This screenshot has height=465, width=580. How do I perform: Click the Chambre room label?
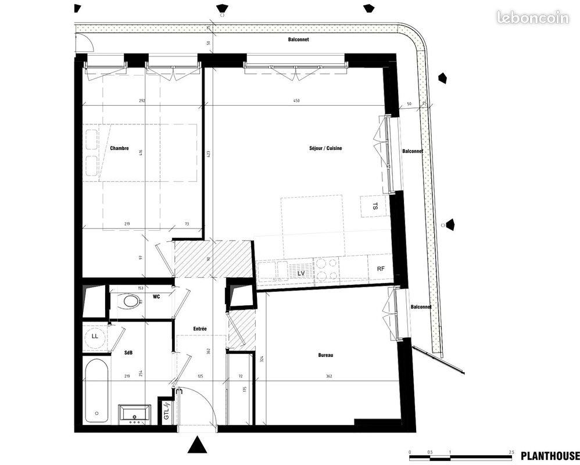119,148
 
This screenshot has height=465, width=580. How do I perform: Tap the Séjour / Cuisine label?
325,148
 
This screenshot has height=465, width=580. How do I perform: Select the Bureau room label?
325,355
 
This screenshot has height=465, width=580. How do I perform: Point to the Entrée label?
200,329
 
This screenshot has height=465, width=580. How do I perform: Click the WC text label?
156,297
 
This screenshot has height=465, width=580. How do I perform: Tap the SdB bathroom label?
128,353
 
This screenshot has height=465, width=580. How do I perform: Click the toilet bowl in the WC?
128,301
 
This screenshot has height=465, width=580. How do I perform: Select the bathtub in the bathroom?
96,391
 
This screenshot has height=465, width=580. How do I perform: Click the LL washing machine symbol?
94,336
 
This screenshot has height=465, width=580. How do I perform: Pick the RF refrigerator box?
381,269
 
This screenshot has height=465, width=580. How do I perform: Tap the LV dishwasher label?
301,273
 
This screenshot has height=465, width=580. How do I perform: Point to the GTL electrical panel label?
166,413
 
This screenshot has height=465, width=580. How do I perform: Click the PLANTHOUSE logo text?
550,456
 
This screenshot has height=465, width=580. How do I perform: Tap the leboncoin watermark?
532,18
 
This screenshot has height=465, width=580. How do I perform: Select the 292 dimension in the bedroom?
142,101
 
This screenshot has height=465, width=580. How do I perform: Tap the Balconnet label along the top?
298,40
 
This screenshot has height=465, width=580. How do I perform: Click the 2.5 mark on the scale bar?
511,452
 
